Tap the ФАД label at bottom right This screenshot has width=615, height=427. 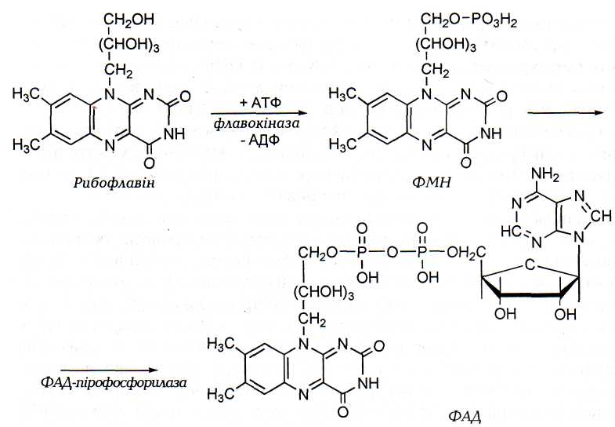click(468, 414)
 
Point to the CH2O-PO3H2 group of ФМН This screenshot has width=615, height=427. click(463, 17)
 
